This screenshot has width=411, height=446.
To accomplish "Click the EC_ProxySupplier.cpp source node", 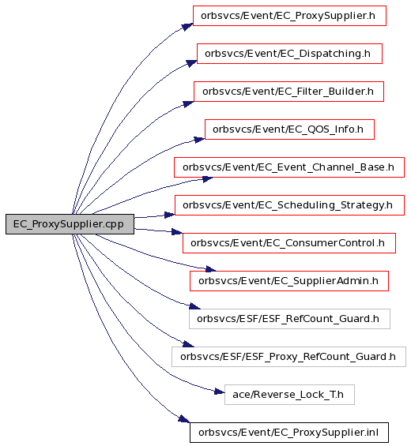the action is (x=70, y=224).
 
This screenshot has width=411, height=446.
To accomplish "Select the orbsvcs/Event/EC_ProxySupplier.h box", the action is (x=289, y=16).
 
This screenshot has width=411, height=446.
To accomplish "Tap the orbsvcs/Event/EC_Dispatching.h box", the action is (x=289, y=54).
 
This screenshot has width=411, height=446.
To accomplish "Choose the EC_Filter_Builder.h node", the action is (x=288, y=92).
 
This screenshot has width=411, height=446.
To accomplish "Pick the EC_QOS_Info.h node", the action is (x=289, y=129).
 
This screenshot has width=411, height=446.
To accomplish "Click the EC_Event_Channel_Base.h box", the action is (x=289, y=167).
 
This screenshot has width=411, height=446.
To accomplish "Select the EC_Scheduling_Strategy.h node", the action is (x=289, y=205).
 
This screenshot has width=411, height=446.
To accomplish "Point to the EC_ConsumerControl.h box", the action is (x=289, y=243).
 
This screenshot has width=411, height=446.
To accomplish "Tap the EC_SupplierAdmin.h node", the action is (x=289, y=281).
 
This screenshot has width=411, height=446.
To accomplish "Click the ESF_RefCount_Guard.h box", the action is (x=289, y=319).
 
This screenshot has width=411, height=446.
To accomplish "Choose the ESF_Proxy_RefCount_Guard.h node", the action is (x=288, y=357).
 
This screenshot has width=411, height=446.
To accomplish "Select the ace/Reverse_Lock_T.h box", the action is (x=289, y=395).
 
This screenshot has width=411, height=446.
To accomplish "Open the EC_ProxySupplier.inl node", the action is (x=289, y=433).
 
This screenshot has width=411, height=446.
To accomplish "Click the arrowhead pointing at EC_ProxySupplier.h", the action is (x=188, y=27).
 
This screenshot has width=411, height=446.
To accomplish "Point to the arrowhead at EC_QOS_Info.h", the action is (x=199, y=140).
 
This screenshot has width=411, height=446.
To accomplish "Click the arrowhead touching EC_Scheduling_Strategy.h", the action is (x=170, y=215).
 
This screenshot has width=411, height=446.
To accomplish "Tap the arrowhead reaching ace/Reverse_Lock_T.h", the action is (x=219, y=392).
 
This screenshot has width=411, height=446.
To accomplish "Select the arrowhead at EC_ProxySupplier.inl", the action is (x=184, y=418).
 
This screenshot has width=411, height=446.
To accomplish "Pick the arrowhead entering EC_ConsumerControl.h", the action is (x=177, y=231).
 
